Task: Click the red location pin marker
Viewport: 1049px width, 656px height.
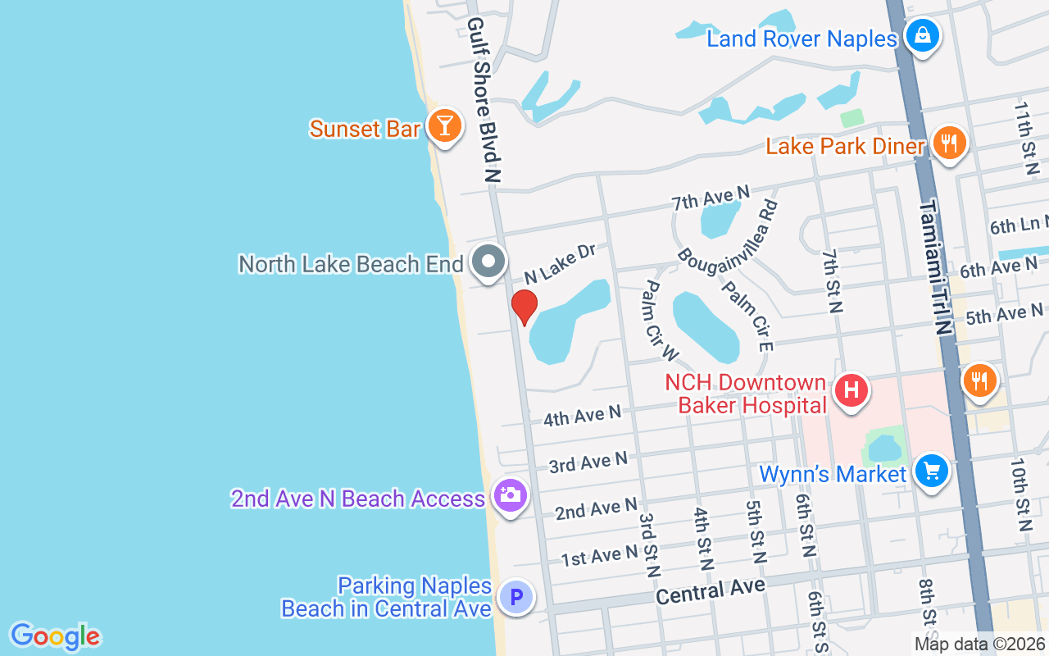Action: tap(524, 306)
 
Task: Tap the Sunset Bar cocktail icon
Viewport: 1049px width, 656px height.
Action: tap(444, 126)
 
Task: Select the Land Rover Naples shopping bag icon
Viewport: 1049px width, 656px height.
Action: tap(923, 37)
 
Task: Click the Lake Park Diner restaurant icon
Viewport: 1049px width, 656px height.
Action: tap(949, 144)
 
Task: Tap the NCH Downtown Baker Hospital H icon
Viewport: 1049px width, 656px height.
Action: tap(851, 389)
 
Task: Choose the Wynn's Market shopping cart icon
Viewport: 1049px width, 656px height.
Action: tap(932, 471)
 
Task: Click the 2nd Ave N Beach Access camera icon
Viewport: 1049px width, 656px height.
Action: tap(510, 495)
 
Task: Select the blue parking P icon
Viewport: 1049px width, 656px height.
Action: tap(516, 597)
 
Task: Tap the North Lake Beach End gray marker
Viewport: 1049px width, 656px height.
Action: tap(489, 262)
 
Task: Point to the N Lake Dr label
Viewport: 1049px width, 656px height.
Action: tap(560, 263)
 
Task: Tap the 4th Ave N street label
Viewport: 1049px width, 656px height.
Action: tap(582, 417)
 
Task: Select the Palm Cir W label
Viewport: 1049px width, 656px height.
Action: tap(660, 321)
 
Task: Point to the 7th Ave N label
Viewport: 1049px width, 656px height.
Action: tap(711, 197)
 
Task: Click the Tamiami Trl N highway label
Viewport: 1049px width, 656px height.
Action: tap(934, 266)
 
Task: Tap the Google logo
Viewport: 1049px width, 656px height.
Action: tap(55, 636)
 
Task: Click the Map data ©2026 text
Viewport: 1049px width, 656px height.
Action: tap(979, 644)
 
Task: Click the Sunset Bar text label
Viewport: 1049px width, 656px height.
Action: tap(365, 129)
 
